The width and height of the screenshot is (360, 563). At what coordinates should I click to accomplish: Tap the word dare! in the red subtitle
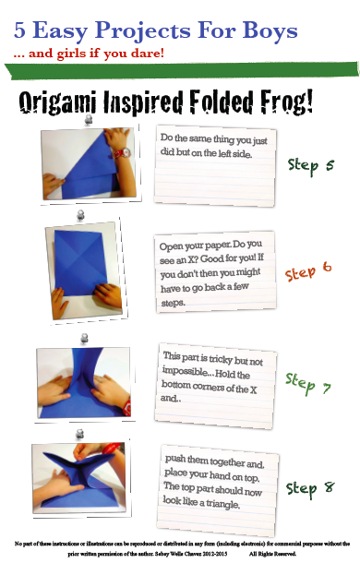click(148, 54)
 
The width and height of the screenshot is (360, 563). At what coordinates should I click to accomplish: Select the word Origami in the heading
click(57, 102)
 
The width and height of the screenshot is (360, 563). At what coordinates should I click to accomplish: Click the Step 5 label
click(311, 166)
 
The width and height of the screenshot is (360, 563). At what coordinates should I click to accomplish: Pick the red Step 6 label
click(308, 271)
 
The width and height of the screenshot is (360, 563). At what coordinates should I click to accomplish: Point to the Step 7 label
click(308, 383)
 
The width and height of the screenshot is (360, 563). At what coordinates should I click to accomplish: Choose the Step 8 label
click(310, 489)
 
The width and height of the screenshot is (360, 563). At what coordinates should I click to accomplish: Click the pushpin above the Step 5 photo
click(89, 120)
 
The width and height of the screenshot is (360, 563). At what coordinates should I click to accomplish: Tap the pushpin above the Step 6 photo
click(81, 215)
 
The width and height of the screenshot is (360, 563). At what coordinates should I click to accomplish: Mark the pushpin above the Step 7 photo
click(84, 339)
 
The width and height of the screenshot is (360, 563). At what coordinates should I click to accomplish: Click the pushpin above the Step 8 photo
click(79, 434)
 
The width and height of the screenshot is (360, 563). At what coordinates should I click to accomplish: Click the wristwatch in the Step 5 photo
click(123, 153)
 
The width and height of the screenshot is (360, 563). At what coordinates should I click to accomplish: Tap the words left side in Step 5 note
click(235, 153)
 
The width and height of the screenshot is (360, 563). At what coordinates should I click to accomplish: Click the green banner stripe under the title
click(182, 70)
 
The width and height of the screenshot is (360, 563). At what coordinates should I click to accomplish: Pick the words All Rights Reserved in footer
click(272, 554)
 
